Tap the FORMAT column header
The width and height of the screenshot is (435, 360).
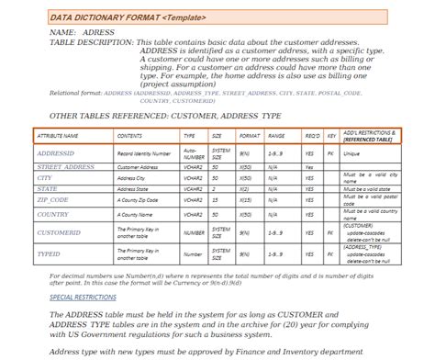tap(250, 135)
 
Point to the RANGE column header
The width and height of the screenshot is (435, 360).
tap(276, 135)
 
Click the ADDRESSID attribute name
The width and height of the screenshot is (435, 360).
tap(57, 153)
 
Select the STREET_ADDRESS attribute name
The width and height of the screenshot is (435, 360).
tap(66, 167)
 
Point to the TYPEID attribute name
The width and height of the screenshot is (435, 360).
tap(49, 250)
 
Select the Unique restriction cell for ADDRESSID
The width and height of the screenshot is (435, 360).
tap(351, 153)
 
